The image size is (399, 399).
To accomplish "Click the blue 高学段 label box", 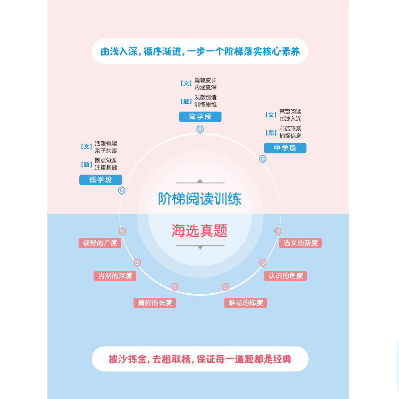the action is tap(200, 117).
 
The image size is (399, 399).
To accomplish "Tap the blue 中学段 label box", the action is tap(285, 148).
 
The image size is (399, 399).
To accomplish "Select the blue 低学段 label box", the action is tap(101, 180).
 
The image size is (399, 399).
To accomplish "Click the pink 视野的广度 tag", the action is tap(100, 243).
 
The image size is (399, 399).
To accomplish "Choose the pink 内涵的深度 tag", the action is tap(115, 276).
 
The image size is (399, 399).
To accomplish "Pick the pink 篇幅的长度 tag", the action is tap(155, 302).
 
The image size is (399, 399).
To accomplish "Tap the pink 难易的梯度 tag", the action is tap(245, 302).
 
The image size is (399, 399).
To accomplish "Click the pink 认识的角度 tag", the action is tap(285, 276).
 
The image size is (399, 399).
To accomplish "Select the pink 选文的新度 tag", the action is tap(300, 243).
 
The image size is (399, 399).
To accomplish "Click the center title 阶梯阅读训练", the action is tap(199, 199).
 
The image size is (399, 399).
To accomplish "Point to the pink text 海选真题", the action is tap(199, 231).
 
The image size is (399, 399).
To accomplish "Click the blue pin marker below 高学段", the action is tap(200, 130).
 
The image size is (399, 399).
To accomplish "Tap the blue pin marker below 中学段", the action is tap(263, 159).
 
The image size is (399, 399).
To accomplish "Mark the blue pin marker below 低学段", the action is tap(122, 191).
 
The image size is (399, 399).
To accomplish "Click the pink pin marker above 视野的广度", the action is tap(122, 231).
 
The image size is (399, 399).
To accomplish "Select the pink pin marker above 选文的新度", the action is tap(278, 231).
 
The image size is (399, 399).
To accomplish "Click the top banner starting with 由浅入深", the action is tap(200, 52).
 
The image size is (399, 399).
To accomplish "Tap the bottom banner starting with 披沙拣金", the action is tap(200, 359).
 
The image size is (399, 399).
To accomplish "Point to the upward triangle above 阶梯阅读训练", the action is tap(200, 181).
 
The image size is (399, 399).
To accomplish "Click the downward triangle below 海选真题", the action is tap(200, 247).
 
